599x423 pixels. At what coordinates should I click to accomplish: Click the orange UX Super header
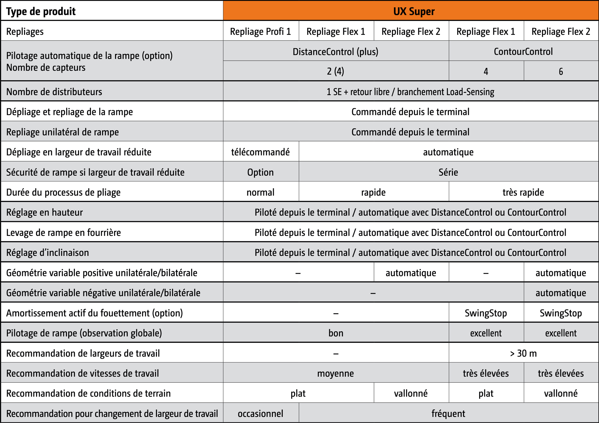(414, 11)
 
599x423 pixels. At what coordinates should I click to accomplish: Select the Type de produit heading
(41, 11)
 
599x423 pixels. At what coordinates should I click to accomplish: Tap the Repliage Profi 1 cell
(261, 31)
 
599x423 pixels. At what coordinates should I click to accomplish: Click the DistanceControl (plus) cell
(335, 51)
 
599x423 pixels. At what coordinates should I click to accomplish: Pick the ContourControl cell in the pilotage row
(523, 51)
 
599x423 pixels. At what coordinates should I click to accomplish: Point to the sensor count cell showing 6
(561, 71)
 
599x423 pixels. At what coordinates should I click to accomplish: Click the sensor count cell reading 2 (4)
(335, 71)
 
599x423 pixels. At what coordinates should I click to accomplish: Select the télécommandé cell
(261, 152)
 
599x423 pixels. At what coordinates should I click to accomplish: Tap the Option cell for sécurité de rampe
(261, 172)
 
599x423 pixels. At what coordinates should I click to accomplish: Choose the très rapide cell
(523, 192)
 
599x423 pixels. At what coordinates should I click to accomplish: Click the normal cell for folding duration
(261, 192)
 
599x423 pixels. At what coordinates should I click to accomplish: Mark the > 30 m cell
(523, 353)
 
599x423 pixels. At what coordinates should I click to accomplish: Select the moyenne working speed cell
(335, 373)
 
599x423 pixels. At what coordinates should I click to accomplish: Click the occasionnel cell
(261, 413)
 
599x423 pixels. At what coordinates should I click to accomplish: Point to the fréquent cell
(448, 413)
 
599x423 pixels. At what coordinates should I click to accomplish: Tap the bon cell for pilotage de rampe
(336, 333)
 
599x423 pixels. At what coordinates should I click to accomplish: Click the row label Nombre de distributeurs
(54, 92)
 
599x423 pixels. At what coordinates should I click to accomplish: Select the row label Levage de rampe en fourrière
(63, 232)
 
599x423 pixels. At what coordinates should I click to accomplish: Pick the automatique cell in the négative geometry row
(561, 293)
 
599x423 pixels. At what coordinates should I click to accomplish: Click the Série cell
(448, 172)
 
